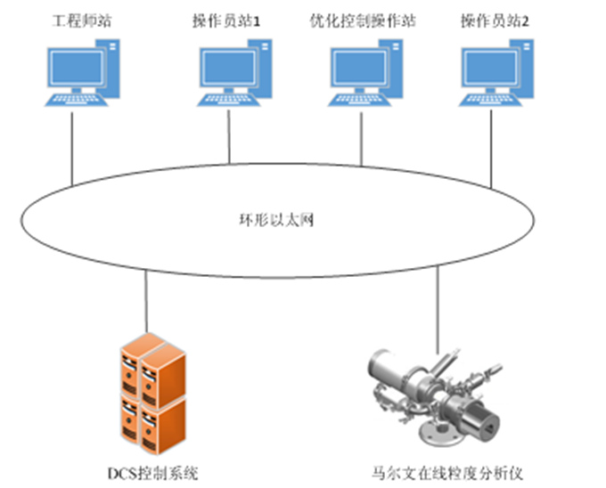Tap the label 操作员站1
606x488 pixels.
226,20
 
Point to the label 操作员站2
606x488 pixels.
495,20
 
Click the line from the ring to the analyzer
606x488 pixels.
438,307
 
